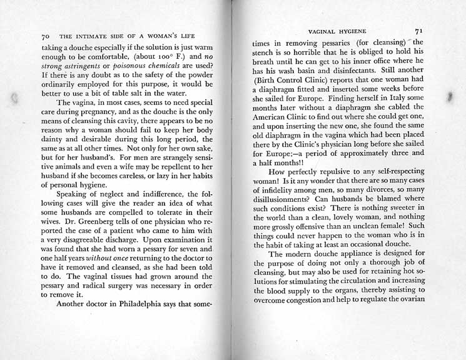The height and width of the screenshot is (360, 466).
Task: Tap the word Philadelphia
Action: [x=154, y=306]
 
